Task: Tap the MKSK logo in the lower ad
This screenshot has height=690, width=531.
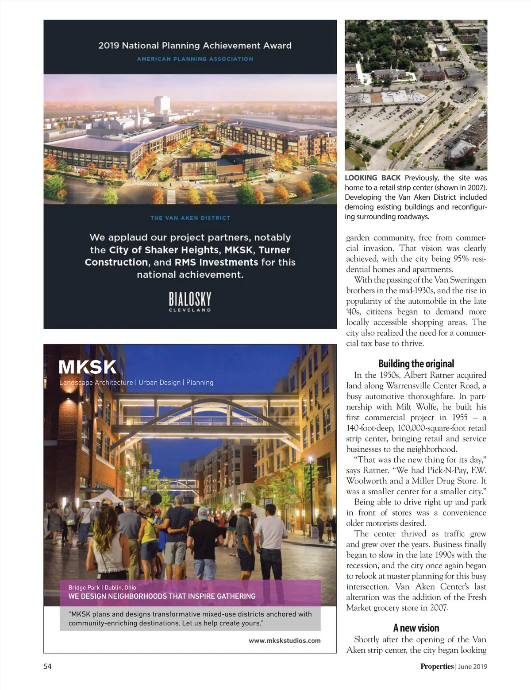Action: [88, 367]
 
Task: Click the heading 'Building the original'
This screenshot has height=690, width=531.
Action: [416, 364]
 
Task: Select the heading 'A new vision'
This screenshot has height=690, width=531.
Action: [416, 628]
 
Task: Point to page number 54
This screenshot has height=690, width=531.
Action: [47, 666]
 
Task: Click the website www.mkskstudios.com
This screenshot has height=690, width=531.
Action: [285, 640]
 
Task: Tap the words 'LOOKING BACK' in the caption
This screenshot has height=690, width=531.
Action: [372, 178]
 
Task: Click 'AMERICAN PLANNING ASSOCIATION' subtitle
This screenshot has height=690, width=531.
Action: [195, 59]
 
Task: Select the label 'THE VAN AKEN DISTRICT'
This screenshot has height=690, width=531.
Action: [190, 218]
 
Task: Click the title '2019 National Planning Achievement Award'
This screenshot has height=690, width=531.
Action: [195, 46]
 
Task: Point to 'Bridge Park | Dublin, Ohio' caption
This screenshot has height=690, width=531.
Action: [102, 587]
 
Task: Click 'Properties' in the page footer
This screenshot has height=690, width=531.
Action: [437, 666]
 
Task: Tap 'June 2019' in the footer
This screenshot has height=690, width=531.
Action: [473, 666]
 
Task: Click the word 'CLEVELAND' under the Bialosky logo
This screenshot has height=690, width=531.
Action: [190, 310]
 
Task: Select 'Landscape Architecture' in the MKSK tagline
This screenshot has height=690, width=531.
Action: [96, 382]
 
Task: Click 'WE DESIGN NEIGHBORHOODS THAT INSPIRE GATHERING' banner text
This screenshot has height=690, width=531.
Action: [162, 596]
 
